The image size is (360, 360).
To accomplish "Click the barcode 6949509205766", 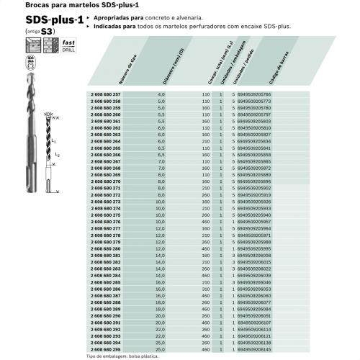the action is click(x=254, y=94).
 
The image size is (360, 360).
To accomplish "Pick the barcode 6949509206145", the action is click(x=254, y=350).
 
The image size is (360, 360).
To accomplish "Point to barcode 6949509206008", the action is click(x=254, y=256).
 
